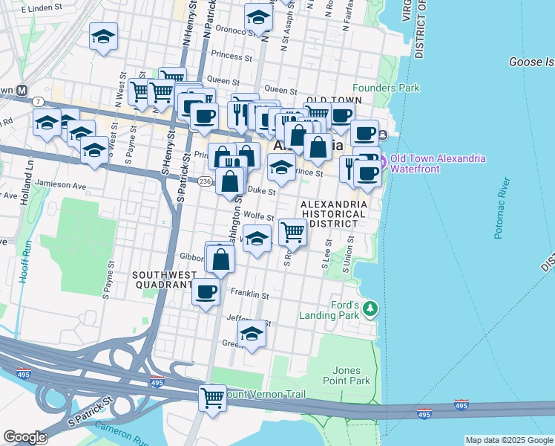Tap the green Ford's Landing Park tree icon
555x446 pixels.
[x=371, y=307]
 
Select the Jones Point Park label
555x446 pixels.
[x=351, y=375]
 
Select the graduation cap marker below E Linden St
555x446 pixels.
[x=103, y=36]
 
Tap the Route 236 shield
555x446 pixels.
[x=206, y=181]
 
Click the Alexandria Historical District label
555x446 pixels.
[x=333, y=213]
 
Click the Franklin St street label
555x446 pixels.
[x=249, y=294]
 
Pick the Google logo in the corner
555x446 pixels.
[x=24, y=437]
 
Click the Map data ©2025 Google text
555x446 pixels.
[x=508, y=440]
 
